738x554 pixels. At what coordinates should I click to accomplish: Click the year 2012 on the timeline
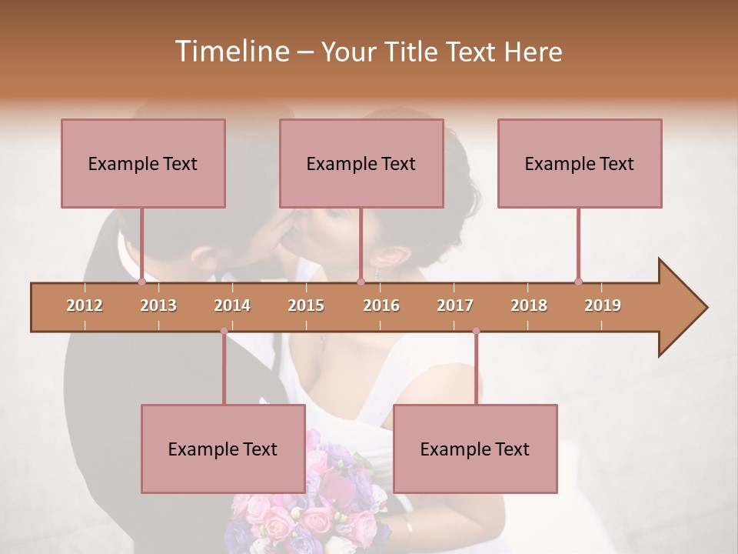tap(85, 305)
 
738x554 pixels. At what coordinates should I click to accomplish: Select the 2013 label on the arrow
tap(158, 305)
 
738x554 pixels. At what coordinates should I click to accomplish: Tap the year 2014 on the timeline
tap(232, 305)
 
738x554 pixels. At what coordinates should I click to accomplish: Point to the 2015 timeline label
tap(306, 305)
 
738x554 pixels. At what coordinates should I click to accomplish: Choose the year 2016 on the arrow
tap(381, 305)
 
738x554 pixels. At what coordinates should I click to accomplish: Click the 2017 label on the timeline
tap(455, 305)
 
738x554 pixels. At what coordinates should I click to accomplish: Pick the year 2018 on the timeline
tap(529, 305)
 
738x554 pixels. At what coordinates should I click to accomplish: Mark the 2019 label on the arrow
tap(603, 305)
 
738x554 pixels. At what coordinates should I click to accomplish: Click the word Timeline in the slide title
tap(230, 52)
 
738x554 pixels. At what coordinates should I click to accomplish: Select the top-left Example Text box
tap(143, 163)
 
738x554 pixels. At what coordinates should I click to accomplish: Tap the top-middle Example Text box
tap(361, 163)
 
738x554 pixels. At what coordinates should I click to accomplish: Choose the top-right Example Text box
tap(580, 163)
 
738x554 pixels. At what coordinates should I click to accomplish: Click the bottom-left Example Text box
tap(223, 449)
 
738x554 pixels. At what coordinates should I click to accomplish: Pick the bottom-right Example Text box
tap(475, 449)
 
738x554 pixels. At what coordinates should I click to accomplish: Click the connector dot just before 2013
tap(141, 282)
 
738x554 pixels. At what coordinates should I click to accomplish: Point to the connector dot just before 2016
tap(361, 282)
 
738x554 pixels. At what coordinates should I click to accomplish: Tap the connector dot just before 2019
tap(578, 282)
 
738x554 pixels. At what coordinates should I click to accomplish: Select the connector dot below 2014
tap(224, 331)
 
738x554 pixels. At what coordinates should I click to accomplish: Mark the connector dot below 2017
tap(476, 331)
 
